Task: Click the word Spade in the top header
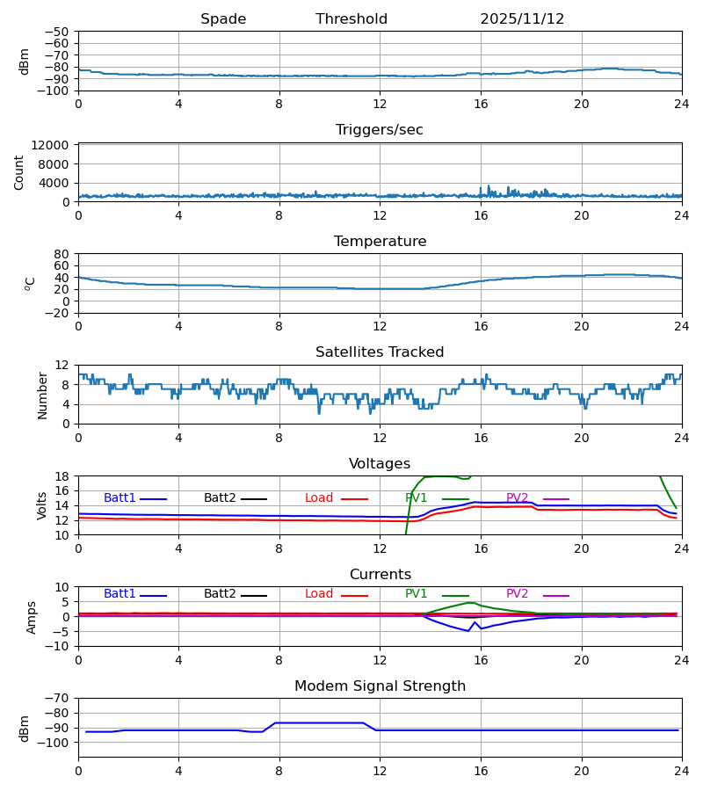click(x=223, y=19)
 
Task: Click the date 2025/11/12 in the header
click(x=522, y=19)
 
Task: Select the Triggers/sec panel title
click(x=380, y=130)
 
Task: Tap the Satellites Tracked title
click(x=380, y=352)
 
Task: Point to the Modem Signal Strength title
click(x=380, y=686)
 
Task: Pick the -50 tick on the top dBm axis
click(x=61, y=32)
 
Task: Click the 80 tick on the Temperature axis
click(x=61, y=254)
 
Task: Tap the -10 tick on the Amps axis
click(x=58, y=646)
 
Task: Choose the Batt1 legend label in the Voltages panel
click(x=120, y=498)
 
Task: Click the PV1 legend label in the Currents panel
click(x=417, y=594)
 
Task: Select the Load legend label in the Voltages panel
click(x=319, y=498)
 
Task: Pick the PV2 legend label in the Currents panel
click(x=518, y=594)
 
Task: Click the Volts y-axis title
click(x=42, y=505)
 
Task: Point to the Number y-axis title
click(x=42, y=395)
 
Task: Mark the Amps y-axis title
click(x=33, y=617)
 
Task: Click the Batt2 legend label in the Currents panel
click(x=220, y=594)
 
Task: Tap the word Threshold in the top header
click(x=351, y=19)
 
